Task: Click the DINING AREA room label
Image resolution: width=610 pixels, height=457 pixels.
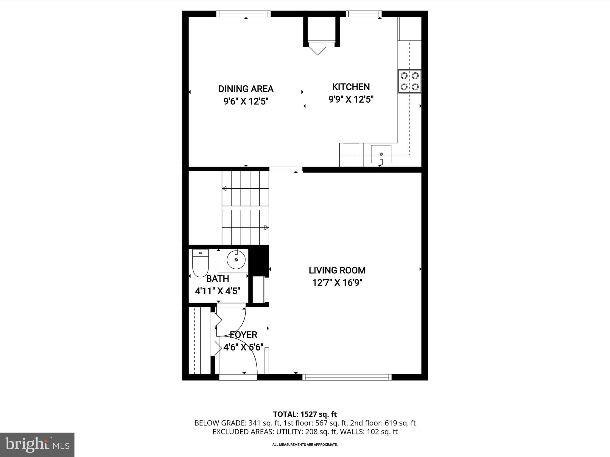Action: tap(246, 89)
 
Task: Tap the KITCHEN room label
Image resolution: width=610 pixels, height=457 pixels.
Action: tap(351, 87)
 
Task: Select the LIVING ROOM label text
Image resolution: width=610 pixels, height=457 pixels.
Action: tap(337, 270)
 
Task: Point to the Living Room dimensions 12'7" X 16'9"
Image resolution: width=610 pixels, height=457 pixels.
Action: tap(337, 282)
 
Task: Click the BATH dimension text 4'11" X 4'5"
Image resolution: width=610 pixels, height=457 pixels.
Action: tap(217, 291)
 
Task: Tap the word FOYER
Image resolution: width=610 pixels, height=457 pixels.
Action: tap(243, 335)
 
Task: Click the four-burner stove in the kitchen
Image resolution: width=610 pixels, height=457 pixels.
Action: tap(410, 81)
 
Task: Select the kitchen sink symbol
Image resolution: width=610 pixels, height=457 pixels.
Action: tap(381, 154)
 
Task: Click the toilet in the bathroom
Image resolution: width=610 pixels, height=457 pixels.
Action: tap(200, 263)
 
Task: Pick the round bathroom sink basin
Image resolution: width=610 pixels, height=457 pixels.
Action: tap(236, 260)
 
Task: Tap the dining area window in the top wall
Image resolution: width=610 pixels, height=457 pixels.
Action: tap(243, 14)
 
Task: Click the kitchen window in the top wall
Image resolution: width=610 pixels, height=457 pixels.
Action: tap(364, 14)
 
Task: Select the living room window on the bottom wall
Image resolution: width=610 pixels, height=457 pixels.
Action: tap(347, 377)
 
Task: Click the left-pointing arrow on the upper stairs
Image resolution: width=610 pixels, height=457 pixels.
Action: tap(225, 188)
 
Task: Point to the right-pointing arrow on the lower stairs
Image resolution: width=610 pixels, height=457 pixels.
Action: tap(266, 228)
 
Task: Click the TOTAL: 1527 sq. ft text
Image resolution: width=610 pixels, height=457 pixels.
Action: tap(305, 414)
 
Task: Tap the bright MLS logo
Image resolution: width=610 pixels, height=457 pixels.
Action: tap(37, 445)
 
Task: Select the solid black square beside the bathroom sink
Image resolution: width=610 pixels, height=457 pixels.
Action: tap(259, 261)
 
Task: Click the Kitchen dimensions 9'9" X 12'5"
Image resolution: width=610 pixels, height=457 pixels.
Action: tap(351, 99)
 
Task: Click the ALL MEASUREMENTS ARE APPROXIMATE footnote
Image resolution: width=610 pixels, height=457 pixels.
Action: tap(305, 445)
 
